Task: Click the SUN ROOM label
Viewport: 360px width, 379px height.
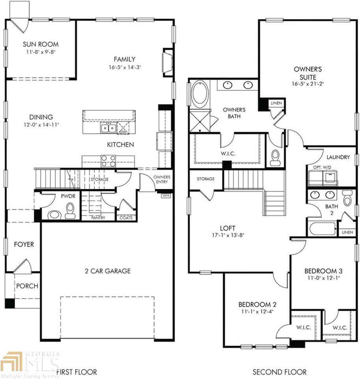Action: pyautogui.click(x=41, y=44)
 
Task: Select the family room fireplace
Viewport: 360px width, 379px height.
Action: pyautogui.click(x=167, y=62)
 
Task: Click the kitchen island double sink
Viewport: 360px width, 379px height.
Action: pyautogui.click(x=108, y=128)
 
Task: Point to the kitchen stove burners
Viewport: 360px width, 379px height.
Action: pyautogui.click(x=108, y=160)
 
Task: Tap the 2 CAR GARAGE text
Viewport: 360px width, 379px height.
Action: pyautogui.click(x=107, y=271)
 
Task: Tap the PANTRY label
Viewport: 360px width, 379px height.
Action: pyautogui.click(x=98, y=218)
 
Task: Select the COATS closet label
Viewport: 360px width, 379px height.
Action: pyautogui.click(x=126, y=218)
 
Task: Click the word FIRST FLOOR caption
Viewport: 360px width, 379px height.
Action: pyautogui.click(x=76, y=371)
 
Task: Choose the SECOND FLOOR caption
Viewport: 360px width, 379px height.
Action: pyautogui.click(x=280, y=371)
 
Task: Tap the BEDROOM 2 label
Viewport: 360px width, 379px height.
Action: pyautogui.click(x=257, y=304)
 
